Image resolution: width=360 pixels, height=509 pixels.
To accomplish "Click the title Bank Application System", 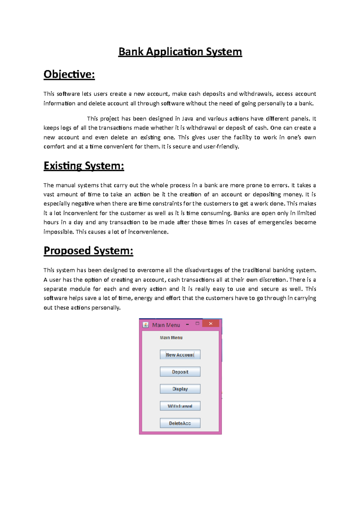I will click(180, 52).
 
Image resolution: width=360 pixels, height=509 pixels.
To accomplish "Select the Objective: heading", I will click(69, 74).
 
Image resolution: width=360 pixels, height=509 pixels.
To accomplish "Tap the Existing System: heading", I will click(84, 166).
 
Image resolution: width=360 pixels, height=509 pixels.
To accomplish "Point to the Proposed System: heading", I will click(88, 251).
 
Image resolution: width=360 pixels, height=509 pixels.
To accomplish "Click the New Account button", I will click(180, 355).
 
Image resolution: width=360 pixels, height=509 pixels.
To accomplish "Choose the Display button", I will click(180, 389).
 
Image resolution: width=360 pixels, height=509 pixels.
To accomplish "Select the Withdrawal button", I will click(180, 406).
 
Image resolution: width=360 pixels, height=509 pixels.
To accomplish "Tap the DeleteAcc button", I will click(180, 423).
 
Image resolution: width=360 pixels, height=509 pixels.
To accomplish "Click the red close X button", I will click(211, 323).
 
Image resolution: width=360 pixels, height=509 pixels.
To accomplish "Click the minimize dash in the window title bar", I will click(187, 324).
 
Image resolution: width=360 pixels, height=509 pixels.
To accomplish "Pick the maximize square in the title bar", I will click(197, 323).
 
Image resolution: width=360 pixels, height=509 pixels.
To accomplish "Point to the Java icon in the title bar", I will click(146, 325).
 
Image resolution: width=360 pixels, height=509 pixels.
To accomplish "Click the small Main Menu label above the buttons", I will click(171, 338).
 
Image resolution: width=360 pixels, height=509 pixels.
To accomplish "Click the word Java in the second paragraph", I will click(187, 119).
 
